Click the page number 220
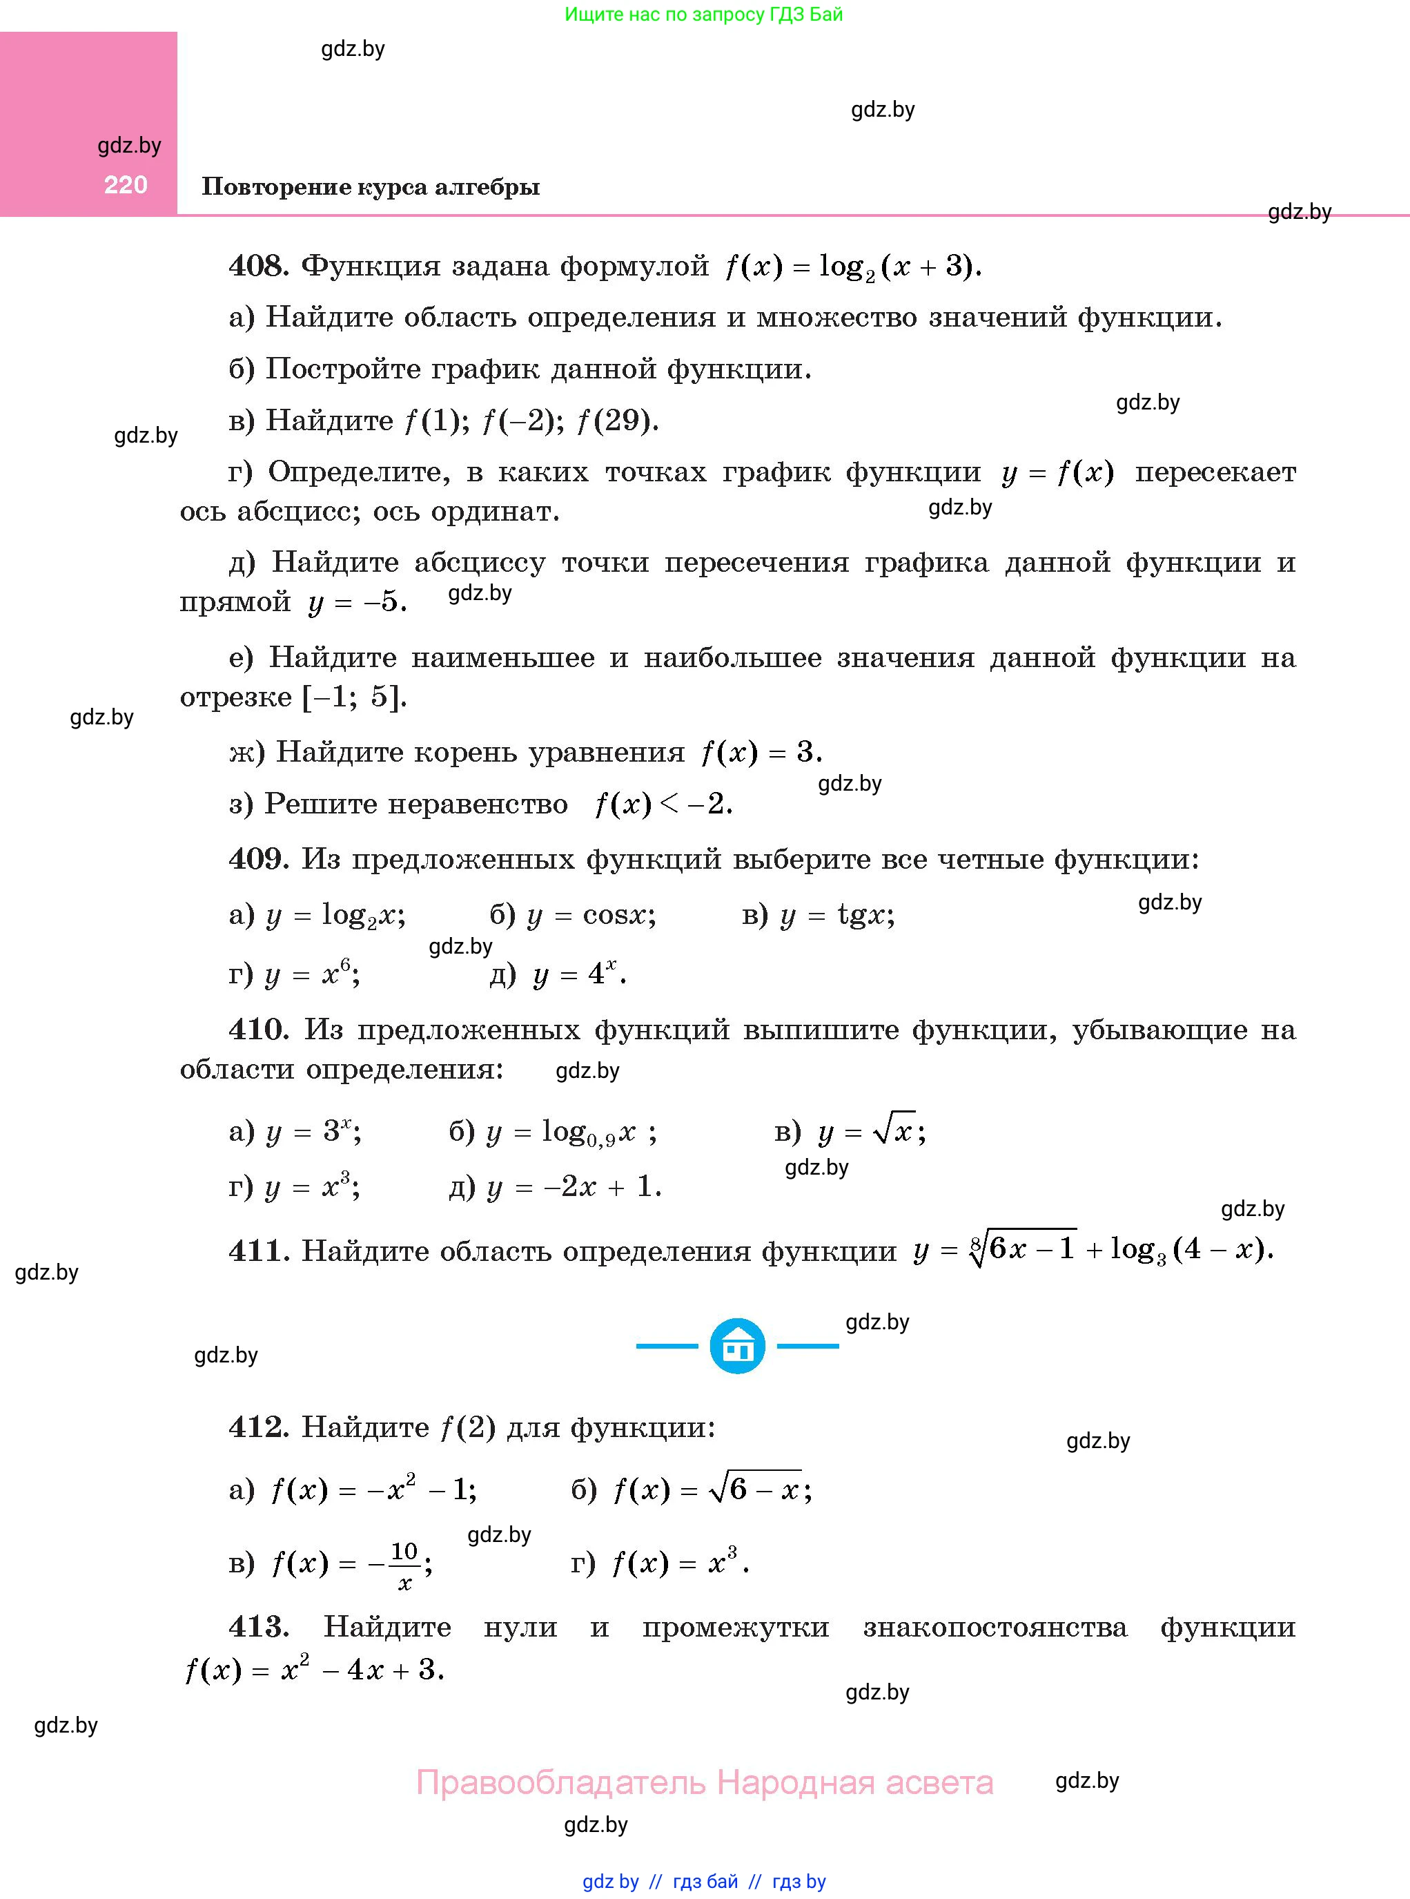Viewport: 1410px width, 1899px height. (126, 184)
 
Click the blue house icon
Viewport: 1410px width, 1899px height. (737, 1346)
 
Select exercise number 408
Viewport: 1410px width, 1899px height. (257, 267)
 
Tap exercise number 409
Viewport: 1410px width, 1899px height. (257, 859)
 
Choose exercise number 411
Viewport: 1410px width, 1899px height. (257, 1251)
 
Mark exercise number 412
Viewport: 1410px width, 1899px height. (257, 1427)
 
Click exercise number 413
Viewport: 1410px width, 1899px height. (257, 1627)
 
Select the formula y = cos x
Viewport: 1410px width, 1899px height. (591, 916)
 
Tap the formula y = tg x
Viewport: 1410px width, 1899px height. (837, 916)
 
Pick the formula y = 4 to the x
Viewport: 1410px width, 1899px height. (578, 974)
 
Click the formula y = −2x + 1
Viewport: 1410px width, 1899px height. (574, 1187)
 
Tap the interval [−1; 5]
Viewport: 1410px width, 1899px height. (353, 697)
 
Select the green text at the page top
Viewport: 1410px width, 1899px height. (704, 15)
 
